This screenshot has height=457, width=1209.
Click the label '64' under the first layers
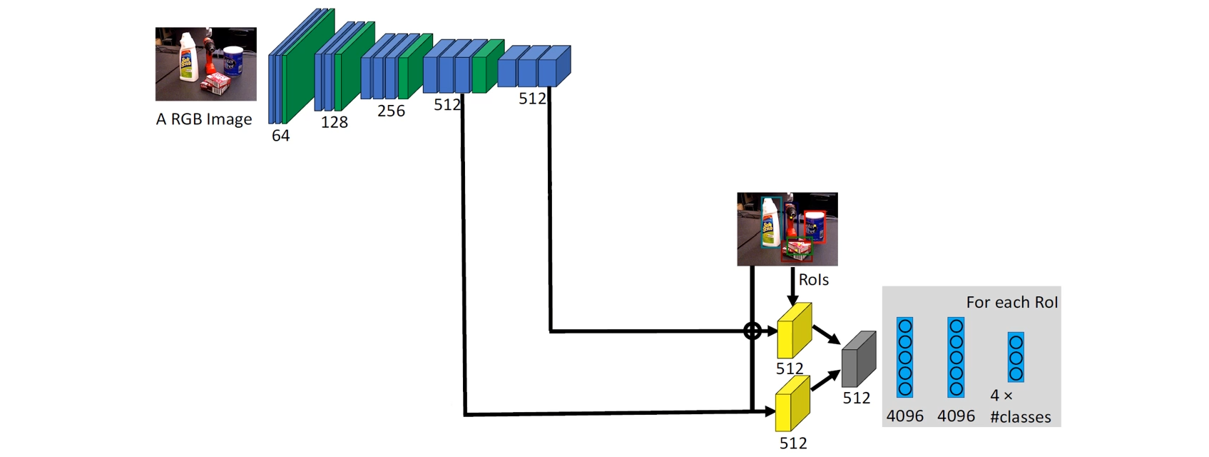tap(280, 135)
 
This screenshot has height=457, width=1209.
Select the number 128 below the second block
tap(334, 122)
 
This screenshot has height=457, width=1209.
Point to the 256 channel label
tap(391, 111)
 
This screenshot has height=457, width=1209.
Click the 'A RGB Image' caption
tap(204, 119)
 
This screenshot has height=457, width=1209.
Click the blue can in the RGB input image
tap(233, 61)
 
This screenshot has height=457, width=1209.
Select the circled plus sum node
tap(752, 331)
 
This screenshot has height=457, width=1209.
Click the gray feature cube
tap(858, 360)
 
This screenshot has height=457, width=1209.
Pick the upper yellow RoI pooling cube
tap(794, 331)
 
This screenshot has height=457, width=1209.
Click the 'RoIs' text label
tap(813, 280)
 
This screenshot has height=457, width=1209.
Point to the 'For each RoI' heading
tap(1011, 302)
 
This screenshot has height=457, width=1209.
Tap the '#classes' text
tap(1021, 417)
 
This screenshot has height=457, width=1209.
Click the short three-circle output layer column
tap(1016, 357)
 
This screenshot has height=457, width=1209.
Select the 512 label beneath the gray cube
tap(856, 398)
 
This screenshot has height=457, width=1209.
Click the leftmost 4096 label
tap(904, 416)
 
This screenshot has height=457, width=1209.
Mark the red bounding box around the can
tap(815, 226)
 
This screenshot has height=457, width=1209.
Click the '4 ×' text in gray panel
tap(1001, 396)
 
